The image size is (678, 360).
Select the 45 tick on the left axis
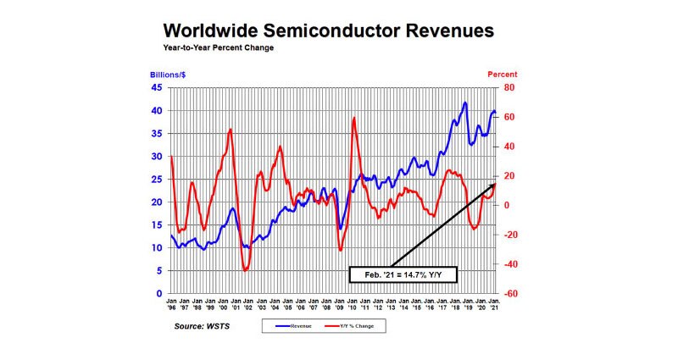[157, 87]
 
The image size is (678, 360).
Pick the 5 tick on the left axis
[159, 271]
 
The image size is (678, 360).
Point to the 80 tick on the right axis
[507, 87]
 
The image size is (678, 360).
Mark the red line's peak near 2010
[353, 117]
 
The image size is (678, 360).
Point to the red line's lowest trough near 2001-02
[246, 270]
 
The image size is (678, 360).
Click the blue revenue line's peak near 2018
[465, 102]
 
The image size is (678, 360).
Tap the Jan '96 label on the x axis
[171, 304]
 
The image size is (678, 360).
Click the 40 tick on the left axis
[157, 110]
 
